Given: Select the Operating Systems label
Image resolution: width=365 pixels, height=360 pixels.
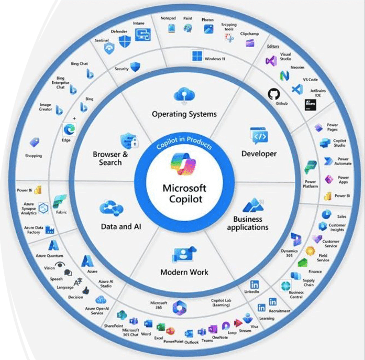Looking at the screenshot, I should pyautogui.click(x=184, y=114).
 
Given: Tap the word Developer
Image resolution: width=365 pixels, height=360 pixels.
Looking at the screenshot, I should pyautogui.click(x=259, y=154).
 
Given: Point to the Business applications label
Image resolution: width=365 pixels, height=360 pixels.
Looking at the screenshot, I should pyautogui.click(x=247, y=223).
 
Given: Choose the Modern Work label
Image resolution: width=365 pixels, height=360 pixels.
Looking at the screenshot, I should pyautogui.click(x=184, y=272).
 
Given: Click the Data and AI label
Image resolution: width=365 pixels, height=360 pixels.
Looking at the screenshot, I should pyautogui.click(x=121, y=226).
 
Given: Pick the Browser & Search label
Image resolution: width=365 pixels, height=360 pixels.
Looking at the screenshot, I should pyautogui.click(x=110, y=158).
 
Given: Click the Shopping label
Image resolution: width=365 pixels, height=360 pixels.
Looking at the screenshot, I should pyautogui.click(x=34, y=156).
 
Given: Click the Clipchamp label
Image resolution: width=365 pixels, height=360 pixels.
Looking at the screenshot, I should pyautogui.click(x=249, y=33).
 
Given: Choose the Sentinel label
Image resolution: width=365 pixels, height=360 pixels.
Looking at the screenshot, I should pyautogui.click(x=102, y=39).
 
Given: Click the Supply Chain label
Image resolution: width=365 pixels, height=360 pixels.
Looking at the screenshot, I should pyautogui.click(x=308, y=283).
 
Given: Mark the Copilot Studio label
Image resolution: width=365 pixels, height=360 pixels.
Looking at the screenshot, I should pyautogui.click(x=339, y=143).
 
